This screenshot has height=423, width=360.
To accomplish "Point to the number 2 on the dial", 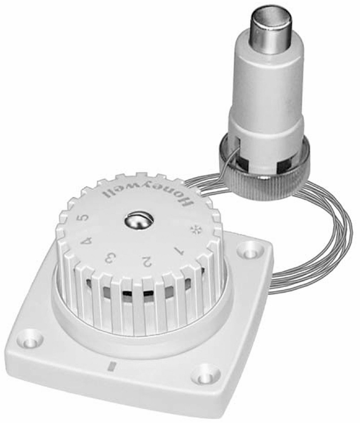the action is (x=147, y=261).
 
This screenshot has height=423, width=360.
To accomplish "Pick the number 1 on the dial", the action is (x=178, y=251).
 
